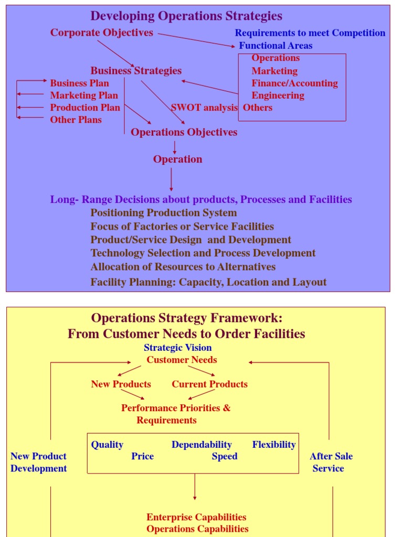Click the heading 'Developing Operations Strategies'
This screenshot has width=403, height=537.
[x=186, y=16]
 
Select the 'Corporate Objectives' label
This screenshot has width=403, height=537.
[x=102, y=33]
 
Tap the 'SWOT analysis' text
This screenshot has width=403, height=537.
[x=204, y=108]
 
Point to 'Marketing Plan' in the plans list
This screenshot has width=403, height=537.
[x=84, y=95]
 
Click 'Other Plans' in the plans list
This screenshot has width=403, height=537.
[x=76, y=120]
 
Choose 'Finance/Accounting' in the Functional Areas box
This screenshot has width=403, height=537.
[x=294, y=83]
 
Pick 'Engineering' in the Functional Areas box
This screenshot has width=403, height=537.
[x=278, y=95]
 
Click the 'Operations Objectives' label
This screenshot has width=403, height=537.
[x=184, y=132]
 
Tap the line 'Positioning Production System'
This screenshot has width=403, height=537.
[x=163, y=212]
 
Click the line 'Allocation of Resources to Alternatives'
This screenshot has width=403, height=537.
[x=183, y=266]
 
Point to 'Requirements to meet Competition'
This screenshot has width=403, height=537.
[x=310, y=33]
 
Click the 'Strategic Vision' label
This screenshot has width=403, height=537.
[x=177, y=347]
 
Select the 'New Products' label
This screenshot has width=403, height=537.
[x=121, y=384]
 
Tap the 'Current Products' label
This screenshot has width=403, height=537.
[x=209, y=384]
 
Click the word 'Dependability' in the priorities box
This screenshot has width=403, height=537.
[x=201, y=445]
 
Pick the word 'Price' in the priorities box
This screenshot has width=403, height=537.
[x=142, y=456]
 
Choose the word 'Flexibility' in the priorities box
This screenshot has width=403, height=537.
[x=274, y=445]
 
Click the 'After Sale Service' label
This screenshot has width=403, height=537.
[x=331, y=462]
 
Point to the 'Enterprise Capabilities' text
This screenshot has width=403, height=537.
[x=196, y=517]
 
